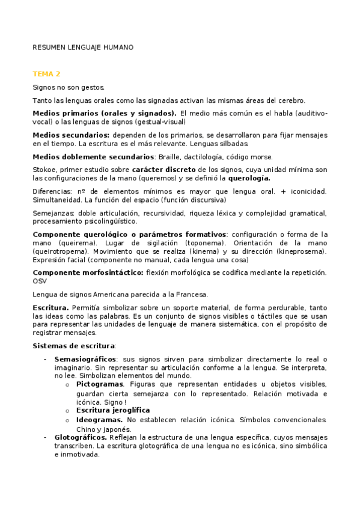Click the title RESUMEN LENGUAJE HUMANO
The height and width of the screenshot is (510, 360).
pyautogui.click(x=83, y=47)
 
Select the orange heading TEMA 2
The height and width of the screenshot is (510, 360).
pyautogui.click(x=46, y=74)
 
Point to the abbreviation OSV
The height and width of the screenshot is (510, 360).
pyautogui.click(x=40, y=281)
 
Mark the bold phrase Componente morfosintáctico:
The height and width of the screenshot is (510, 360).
pyautogui.click(x=88, y=272)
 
